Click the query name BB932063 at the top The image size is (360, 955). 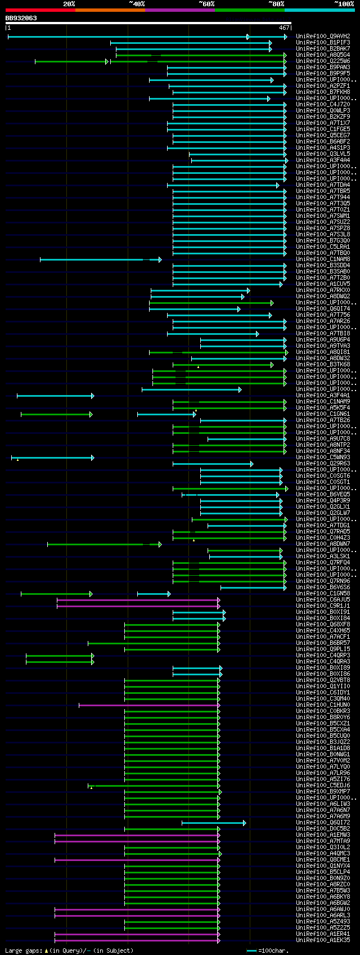coord(21,18)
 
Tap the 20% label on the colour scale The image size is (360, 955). coord(69,4)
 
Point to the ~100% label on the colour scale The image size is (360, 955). coord(344,4)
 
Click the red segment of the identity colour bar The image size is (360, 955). coord(40,10)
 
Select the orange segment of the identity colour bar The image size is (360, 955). coord(110,10)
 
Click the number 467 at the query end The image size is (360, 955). coord(283,28)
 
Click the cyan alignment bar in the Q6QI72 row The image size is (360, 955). coord(213,823)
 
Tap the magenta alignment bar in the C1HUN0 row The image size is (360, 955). coord(148,705)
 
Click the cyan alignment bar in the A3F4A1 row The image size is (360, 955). coord(55,396)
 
